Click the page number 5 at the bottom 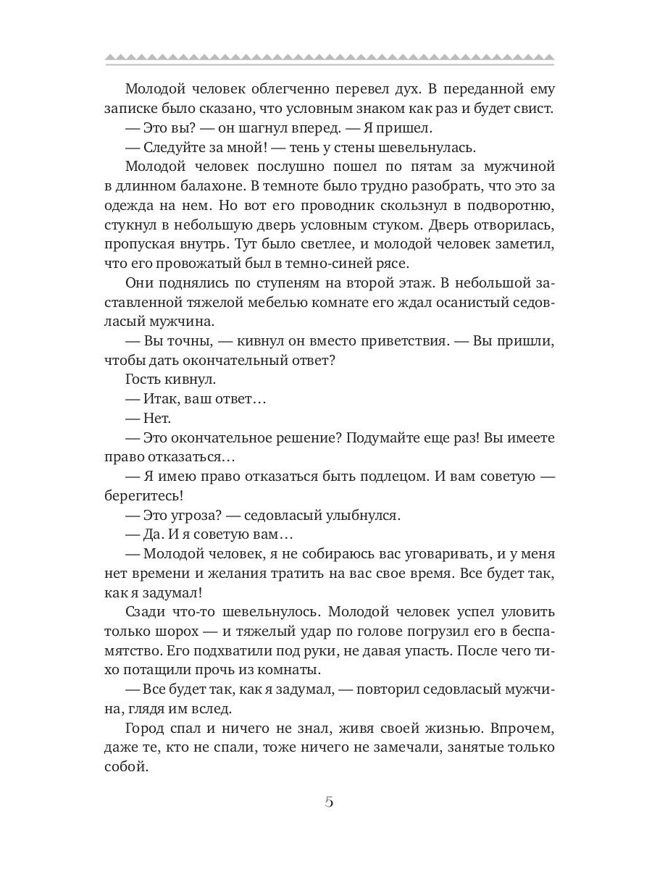[328, 802]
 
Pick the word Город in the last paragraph [148, 728]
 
